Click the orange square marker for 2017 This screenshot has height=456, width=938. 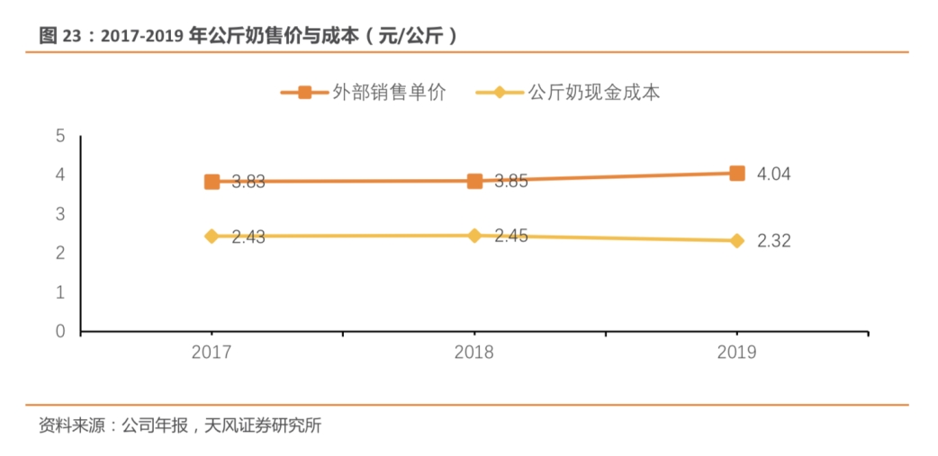212,182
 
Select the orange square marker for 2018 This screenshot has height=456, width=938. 474,181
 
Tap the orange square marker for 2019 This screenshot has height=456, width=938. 737,173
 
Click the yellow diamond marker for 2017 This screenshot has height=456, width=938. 212,237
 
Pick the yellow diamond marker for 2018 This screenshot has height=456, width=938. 474,236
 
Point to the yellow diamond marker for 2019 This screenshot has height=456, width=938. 737,241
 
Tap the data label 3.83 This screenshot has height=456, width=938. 248,183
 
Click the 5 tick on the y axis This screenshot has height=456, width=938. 60,136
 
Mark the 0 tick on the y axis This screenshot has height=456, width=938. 60,332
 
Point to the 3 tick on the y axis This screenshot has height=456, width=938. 60,214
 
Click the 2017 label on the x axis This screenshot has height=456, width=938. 212,353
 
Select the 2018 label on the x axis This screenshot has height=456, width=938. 474,353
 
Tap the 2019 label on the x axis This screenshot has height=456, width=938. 737,353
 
